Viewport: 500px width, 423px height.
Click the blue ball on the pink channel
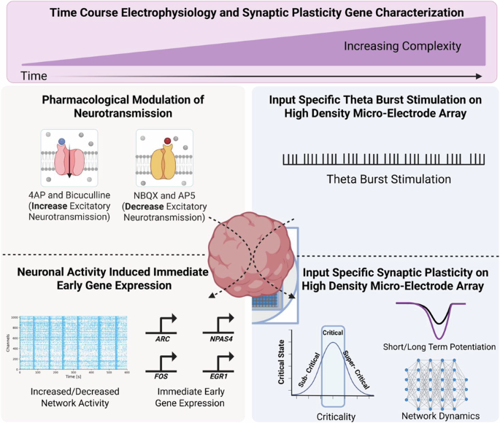[64, 141]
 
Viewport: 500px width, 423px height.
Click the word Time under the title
[34, 75]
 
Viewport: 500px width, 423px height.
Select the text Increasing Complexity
[403, 46]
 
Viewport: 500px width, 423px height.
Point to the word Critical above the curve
[332, 331]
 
